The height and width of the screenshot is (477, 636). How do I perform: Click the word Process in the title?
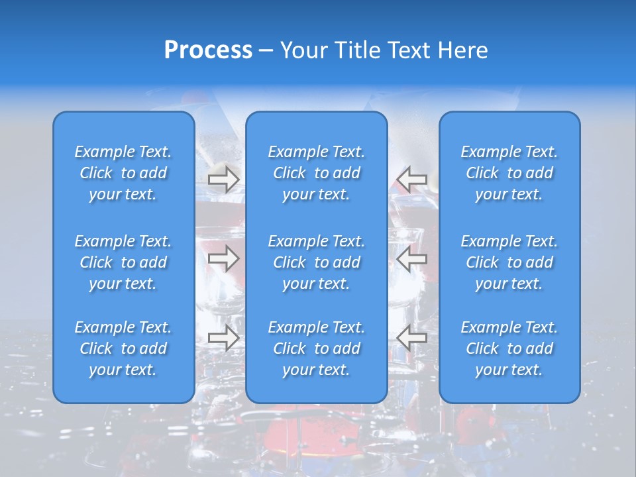(x=208, y=50)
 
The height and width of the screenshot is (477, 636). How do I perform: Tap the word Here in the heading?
(x=461, y=50)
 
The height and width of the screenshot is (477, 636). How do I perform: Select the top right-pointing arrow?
(x=223, y=180)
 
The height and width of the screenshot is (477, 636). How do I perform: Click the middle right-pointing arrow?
(x=223, y=258)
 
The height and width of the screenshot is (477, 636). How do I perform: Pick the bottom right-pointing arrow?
(x=223, y=338)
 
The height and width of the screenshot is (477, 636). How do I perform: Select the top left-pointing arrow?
(x=411, y=180)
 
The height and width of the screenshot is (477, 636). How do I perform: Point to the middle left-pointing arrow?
(x=411, y=258)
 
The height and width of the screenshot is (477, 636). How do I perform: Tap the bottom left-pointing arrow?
(x=411, y=338)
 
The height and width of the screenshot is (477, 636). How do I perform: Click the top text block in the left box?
(x=123, y=173)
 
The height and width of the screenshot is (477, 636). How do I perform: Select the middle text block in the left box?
(x=123, y=262)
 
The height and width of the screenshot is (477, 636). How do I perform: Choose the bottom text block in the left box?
(x=123, y=348)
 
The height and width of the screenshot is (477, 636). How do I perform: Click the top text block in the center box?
(x=316, y=173)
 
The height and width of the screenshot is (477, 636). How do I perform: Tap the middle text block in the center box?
(x=316, y=262)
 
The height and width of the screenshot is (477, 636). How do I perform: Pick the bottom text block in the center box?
(x=316, y=348)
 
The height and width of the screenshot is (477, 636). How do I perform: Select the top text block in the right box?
(x=509, y=173)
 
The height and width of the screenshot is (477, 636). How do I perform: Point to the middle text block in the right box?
(x=509, y=262)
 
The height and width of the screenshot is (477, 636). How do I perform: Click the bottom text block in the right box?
(x=509, y=348)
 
